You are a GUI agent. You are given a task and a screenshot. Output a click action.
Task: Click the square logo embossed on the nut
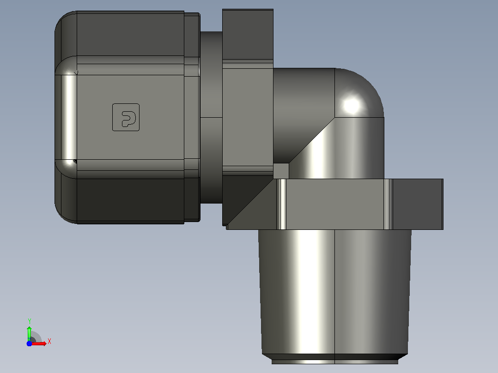[126, 117]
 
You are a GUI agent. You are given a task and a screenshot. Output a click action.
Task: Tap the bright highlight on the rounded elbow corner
[352, 105]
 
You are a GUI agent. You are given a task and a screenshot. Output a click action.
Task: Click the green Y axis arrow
[29, 333]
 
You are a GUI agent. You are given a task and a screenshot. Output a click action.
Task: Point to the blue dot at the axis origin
[29, 343]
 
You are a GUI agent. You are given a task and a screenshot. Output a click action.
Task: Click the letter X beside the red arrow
[49, 342]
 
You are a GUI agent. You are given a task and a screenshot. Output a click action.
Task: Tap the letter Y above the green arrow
[29, 321]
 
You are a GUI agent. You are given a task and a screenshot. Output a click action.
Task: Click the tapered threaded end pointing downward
[335, 292]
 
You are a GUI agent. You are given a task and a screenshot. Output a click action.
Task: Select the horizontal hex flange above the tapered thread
[334, 204]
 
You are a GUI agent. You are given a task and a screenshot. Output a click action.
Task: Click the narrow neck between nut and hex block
[211, 117]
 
